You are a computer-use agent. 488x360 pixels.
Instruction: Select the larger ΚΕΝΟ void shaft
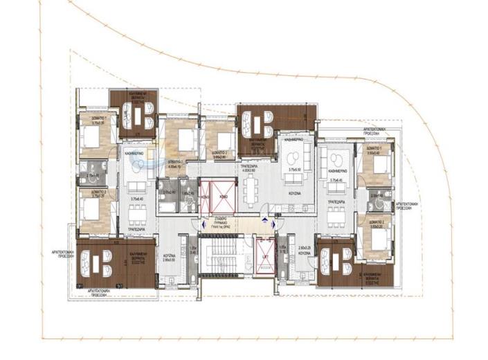(x=224, y=196)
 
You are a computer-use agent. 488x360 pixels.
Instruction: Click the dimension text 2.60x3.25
(x=305, y=247)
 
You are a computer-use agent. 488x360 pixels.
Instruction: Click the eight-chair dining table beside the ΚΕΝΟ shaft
(x=251, y=192)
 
